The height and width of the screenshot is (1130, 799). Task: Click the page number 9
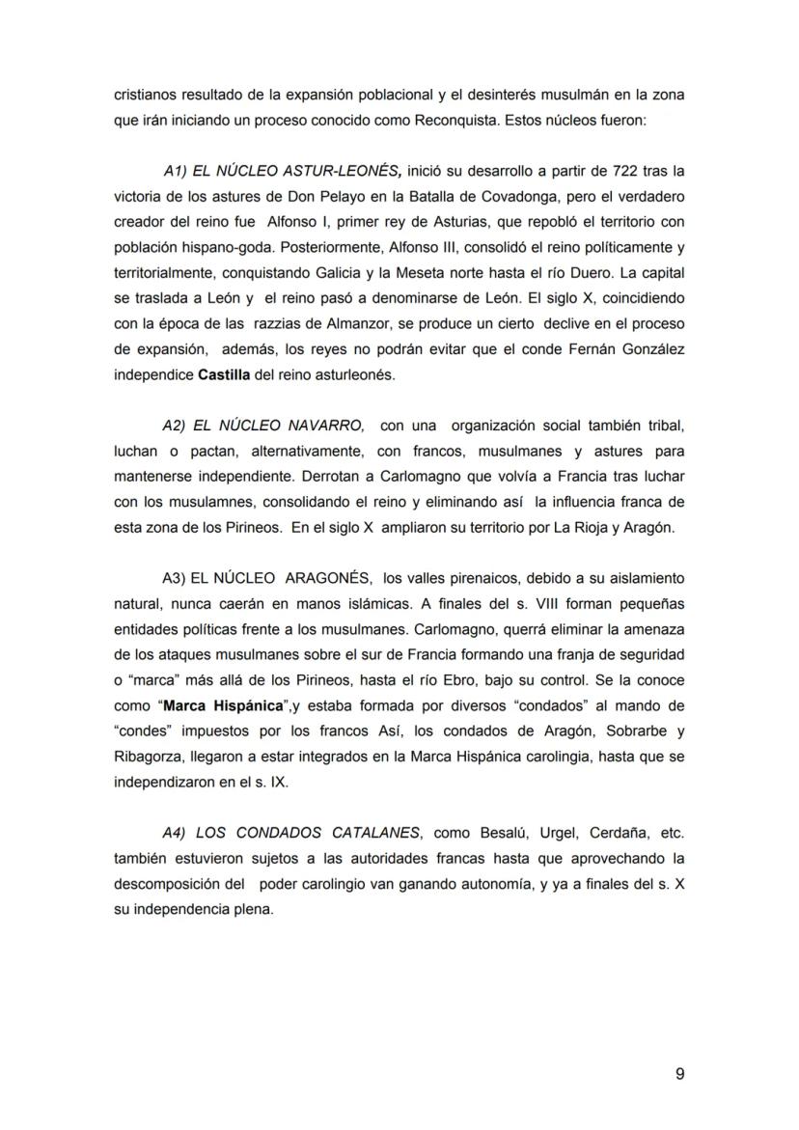pos(679,1074)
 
